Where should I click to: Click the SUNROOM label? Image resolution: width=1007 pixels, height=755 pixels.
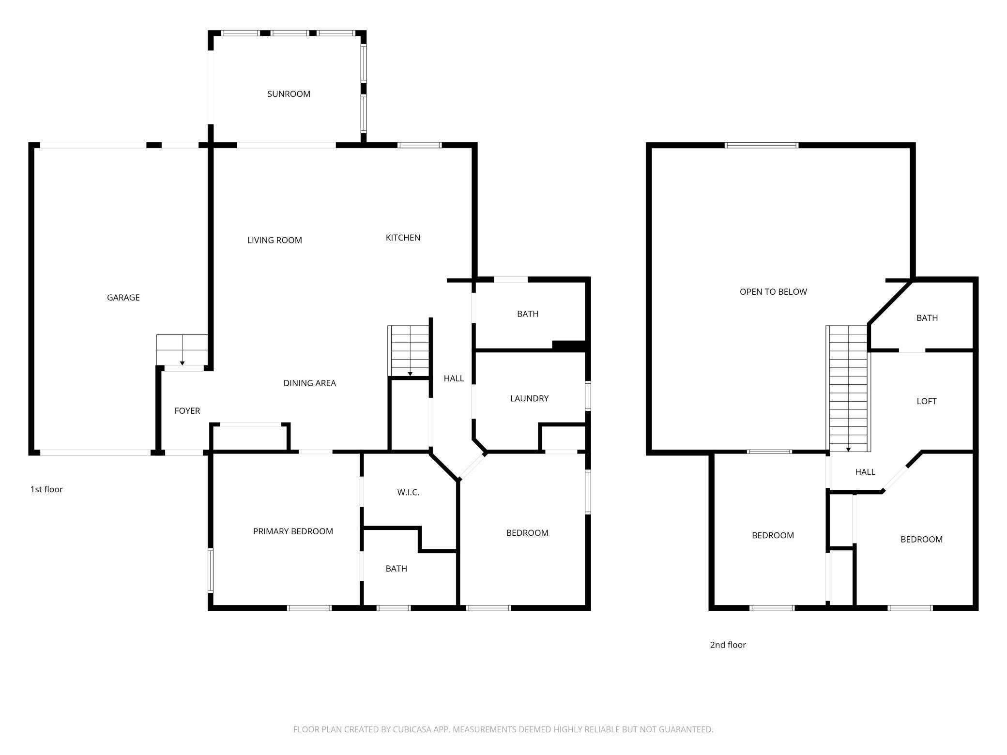click(289, 94)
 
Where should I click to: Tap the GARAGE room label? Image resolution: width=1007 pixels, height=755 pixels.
click(123, 298)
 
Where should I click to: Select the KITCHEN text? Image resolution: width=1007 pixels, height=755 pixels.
click(403, 238)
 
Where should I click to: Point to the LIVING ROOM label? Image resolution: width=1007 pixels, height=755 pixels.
click(275, 240)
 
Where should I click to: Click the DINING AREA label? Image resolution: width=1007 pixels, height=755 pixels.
click(309, 383)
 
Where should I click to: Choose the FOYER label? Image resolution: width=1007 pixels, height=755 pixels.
click(187, 411)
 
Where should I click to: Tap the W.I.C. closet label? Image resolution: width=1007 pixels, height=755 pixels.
click(408, 492)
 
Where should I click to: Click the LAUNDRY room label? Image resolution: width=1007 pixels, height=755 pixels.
click(529, 398)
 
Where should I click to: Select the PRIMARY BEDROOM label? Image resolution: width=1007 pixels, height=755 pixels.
click(293, 531)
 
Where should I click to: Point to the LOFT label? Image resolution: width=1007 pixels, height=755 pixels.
click(926, 401)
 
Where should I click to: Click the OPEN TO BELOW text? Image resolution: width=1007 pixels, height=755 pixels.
click(773, 292)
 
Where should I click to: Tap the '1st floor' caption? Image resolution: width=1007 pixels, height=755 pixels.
click(46, 489)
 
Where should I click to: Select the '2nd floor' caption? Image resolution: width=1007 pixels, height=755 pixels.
click(728, 645)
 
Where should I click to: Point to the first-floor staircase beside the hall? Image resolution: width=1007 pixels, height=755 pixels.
click(410, 351)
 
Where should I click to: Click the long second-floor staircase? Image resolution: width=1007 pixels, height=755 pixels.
click(848, 387)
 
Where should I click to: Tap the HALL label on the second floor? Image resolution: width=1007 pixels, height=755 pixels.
click(865, 472)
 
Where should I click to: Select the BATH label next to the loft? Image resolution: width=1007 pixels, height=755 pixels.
click(927, 318)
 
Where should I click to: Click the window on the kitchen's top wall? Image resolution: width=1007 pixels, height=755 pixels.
click(419, 145)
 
